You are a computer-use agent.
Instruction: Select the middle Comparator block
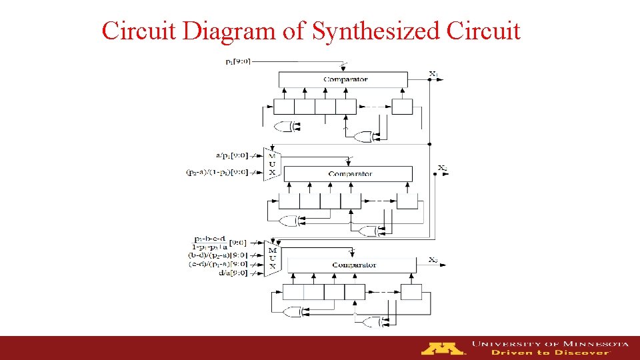point(349,174)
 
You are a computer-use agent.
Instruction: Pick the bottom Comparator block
point(353,265)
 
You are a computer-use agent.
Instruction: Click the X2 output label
point(443,167)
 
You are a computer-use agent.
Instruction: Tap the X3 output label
point(433,259)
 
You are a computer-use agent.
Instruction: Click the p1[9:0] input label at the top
point(238,61)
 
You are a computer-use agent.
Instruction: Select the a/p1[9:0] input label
point(231,155)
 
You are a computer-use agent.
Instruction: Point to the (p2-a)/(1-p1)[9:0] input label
point(217,172)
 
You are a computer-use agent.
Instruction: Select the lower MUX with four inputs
point(271,259)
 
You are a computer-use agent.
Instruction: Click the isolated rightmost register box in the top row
point(402,107)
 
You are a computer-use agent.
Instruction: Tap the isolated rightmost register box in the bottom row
point(411,292)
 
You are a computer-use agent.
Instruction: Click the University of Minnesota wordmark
point(550,344)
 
